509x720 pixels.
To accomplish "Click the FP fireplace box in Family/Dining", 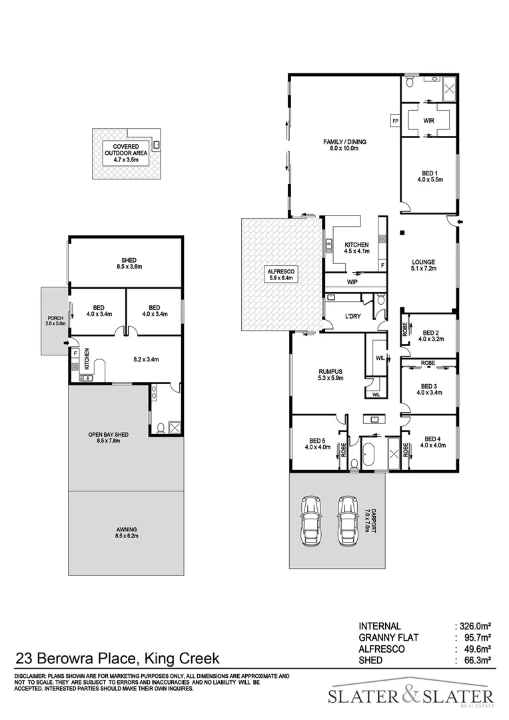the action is (x=395, y=121).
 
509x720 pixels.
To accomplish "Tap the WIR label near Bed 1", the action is (x=428, y=121).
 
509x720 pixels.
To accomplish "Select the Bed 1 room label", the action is (x=430, y=176).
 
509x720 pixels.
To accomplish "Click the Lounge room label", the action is (x=423, y=265).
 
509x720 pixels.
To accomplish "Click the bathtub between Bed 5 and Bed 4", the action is (x=374, y=453).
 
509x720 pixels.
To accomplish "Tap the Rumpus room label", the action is (x=330, y=375).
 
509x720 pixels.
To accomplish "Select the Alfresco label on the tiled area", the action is (x=280, y=275).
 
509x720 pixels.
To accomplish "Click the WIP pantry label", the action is (x=352, y=282).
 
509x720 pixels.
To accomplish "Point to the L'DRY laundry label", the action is (x=352, y=317).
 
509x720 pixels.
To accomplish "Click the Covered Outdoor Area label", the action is (x=126, y=153).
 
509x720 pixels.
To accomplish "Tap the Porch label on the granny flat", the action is (x=56, y=321).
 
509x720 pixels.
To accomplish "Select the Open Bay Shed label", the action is (x=109, y=437).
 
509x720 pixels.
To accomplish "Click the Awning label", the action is (x=126, y=532).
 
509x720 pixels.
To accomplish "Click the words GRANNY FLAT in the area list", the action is (x=388, y=637).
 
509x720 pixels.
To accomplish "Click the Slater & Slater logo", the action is (x=411, y=695).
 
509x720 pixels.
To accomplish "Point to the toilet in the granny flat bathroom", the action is (x=160, y=428).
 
